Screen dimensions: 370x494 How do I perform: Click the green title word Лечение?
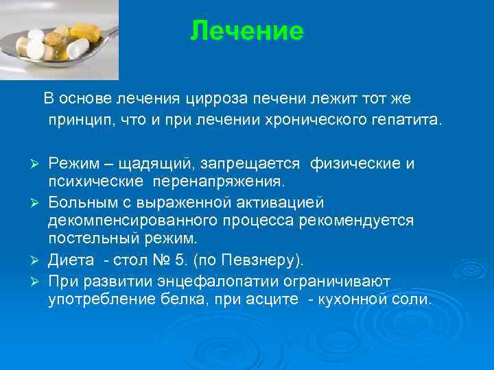point(246,31)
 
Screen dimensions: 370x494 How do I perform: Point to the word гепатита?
point(408,121)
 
